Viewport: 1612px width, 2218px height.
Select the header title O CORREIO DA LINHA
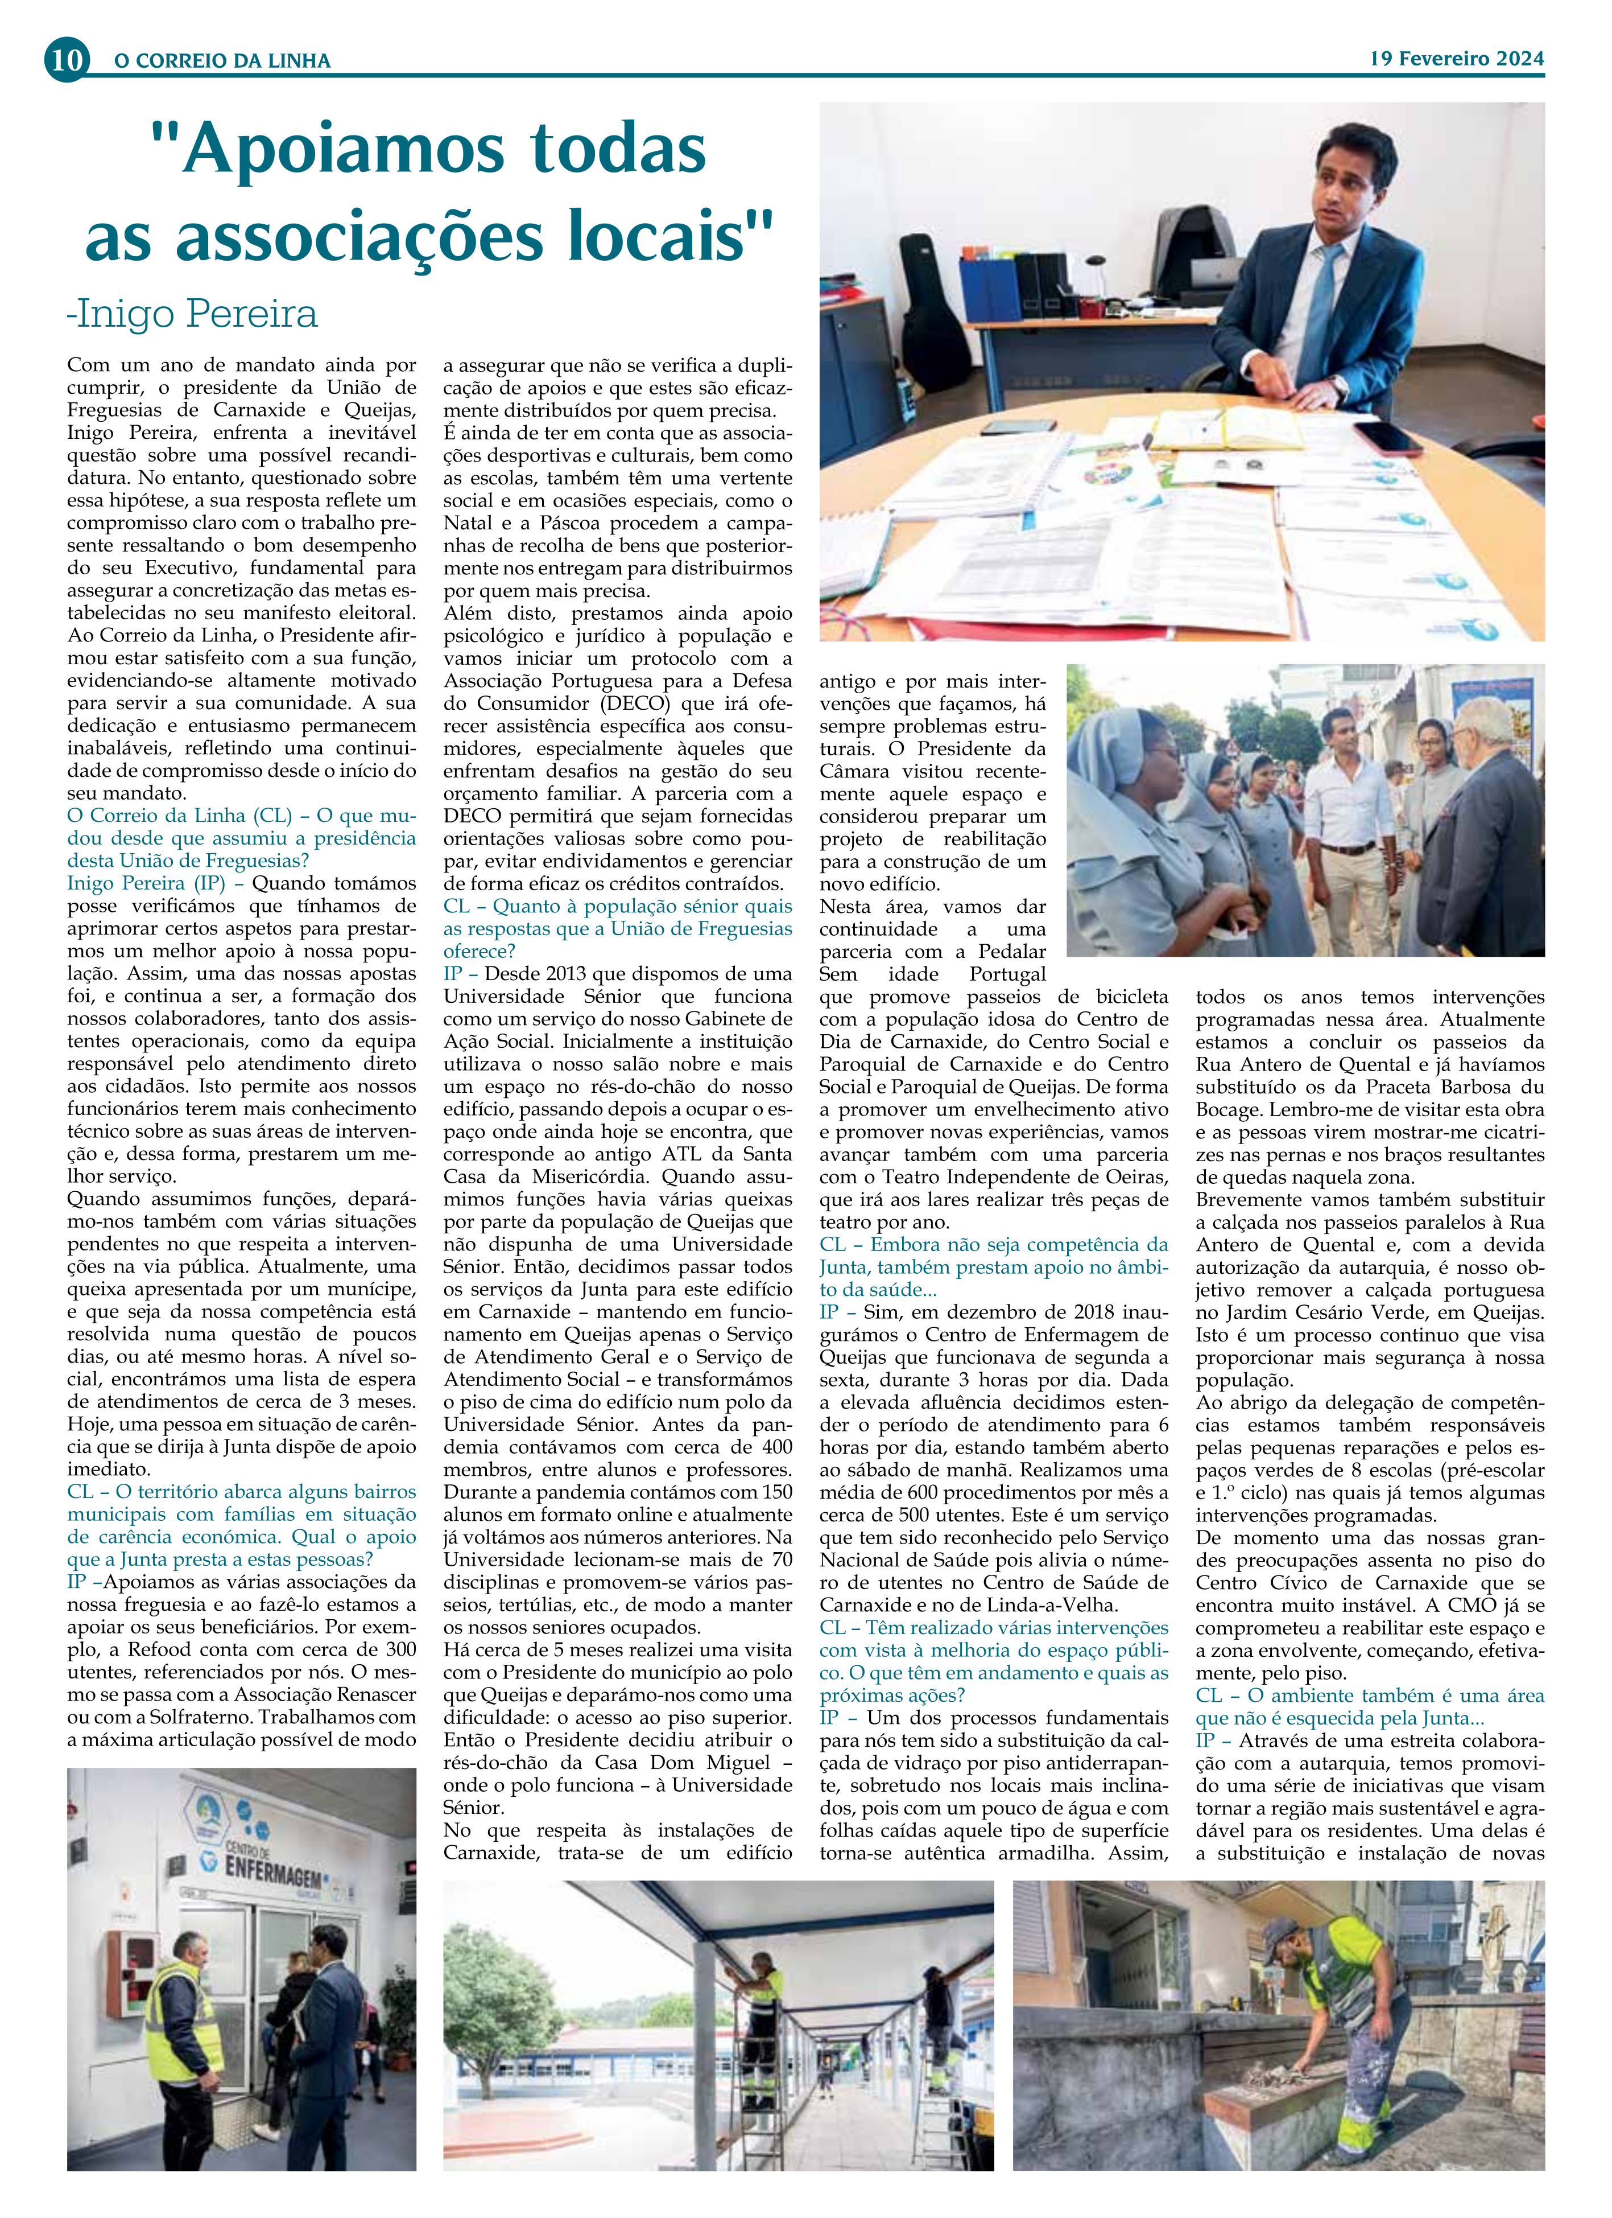tap(223, 61)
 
